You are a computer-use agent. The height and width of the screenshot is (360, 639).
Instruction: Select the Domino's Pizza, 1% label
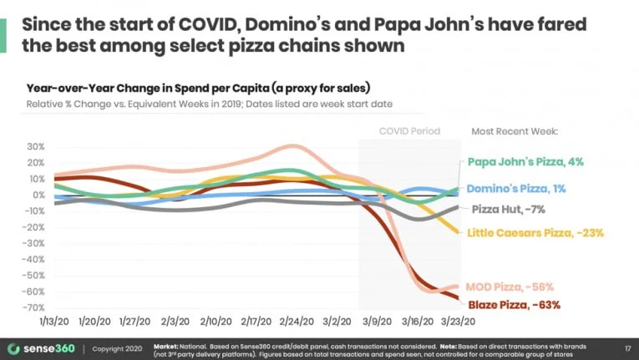pos(516,189)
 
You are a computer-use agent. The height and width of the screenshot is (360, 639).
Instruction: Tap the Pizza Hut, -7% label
pos(509,209)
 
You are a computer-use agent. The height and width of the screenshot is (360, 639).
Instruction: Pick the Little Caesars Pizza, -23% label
pos(535,233)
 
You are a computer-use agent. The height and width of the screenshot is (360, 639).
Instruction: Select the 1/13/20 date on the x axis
pos(53,321)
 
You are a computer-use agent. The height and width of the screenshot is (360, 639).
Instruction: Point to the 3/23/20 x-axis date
pos(459,321)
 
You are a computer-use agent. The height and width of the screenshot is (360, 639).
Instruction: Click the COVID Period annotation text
pos(409,131)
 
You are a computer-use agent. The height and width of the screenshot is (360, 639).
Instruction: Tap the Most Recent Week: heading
pos(515,131)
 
